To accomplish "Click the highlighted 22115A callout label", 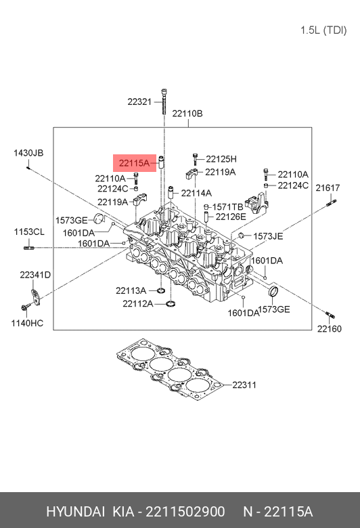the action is [135, 163].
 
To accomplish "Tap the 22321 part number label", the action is [139, 102].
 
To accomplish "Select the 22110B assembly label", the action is [187, 114].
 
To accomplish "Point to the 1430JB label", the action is [28, 153].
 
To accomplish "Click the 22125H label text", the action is [221, 159].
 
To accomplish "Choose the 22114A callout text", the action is [196, 194].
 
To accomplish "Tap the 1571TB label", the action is [227, 206].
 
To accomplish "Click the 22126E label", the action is [231, 217].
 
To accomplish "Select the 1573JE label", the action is [268, 236].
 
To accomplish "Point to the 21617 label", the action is [328, 188].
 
